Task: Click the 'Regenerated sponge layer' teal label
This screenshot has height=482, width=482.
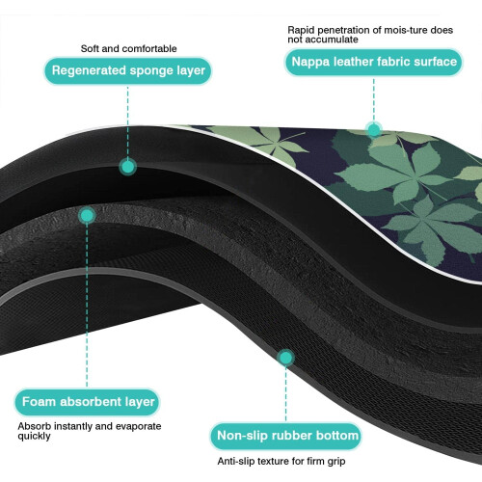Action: pyautogui.click(x=128, y=70)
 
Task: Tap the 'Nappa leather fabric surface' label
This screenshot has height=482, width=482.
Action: pyautogui.click(x=374, y=62)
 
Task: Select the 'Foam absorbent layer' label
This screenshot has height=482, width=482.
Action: pyautogui.click(x=88, y=402)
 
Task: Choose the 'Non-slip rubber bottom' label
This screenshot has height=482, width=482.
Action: pyautogui.click(x=286, y=436)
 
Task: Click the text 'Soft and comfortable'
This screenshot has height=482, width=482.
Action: pyautogui.click(x=128, y=48)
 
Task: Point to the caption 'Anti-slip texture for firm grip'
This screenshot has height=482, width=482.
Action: pyautogui.click(x=281, y=461)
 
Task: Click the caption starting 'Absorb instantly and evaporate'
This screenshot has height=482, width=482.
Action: pyautogui.click(x=90, y=431)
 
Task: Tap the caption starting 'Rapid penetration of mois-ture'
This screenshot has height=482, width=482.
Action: pyautogui.click(x=370, y=35)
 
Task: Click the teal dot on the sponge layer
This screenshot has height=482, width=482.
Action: pyautogui.click(x=127, y=167)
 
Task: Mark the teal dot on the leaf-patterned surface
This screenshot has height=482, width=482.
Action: pyautogui.click(x=374, y=130)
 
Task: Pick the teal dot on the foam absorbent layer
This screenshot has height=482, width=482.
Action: pyautogui.click(x=87, y=216)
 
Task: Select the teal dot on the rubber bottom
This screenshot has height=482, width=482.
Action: pyautogui.click(x=285, y=358)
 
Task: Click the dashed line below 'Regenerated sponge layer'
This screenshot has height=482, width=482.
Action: pyautogui.click(x=127, y=121)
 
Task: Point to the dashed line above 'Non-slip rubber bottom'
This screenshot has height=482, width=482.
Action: pyautogui.click(x=285, y=394)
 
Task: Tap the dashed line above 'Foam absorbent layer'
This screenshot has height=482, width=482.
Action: pyautogui.click(x=87, y=306)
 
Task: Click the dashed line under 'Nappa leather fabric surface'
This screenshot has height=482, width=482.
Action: pyautogui.click(x=374, y=99)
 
